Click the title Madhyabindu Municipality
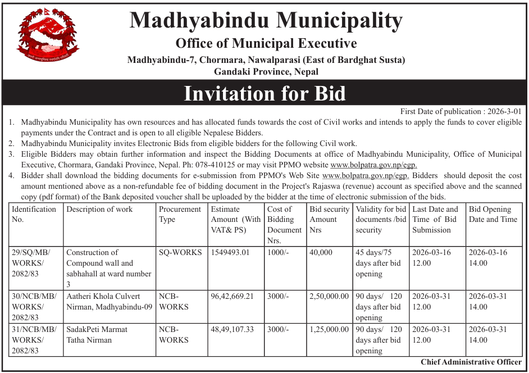pos(266,21)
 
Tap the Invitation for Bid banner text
pos(264,93)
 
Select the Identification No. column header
pos(34,214)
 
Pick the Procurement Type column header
pos(180,214)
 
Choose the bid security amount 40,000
pos(321,253)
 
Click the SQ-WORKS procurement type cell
pos(180,253)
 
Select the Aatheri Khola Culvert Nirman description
pos(109,302)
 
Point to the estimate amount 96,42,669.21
pos(232,297)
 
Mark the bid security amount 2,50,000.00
pos(329,297)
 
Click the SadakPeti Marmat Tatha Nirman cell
pos(97,335)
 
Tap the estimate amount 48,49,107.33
pos(232,330)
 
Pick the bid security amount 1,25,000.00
pos(329,330)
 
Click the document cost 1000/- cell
pos(279,253)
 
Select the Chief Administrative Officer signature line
pos(471,362)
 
